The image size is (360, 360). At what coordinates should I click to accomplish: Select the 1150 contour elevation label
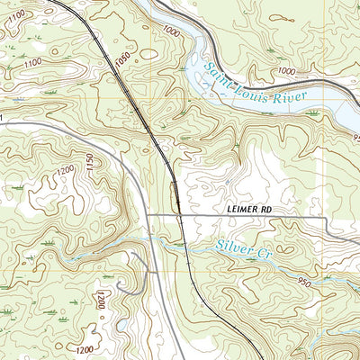[x=89, y=163]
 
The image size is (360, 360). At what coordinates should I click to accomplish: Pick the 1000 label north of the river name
[x=286, y=70]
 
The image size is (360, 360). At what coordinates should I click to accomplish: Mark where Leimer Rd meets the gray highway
[x=150, y=217]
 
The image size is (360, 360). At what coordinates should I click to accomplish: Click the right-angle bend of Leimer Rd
[x=325, y=218]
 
